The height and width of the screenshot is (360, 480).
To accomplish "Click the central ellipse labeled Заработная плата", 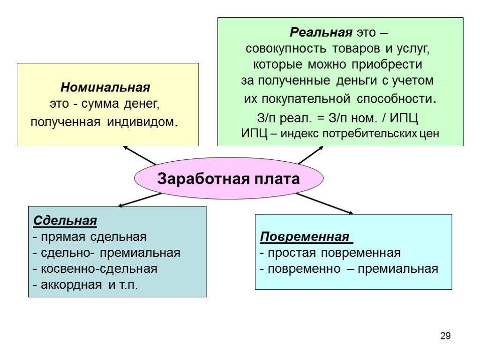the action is [x=229, y=179].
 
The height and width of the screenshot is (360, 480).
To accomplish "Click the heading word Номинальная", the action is [x=105, y=88].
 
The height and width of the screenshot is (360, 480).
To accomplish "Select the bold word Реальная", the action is [x=321, y=33].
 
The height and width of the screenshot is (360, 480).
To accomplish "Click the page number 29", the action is [x=445, y=336].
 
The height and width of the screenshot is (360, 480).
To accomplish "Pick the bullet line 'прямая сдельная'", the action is [x=90, y=237].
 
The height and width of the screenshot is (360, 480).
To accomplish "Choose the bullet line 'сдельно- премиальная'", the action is [x=106, y=253].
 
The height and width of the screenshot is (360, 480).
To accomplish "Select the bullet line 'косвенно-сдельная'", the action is [x=95, y=269].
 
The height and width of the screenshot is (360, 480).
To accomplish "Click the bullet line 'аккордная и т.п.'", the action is [x=86, y=285].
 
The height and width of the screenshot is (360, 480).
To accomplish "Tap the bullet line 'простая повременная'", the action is [x=330, y=253].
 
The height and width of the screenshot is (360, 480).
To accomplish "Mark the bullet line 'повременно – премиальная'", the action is [x=349, y=269].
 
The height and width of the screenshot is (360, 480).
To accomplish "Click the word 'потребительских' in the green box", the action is [x=370, y=133].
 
